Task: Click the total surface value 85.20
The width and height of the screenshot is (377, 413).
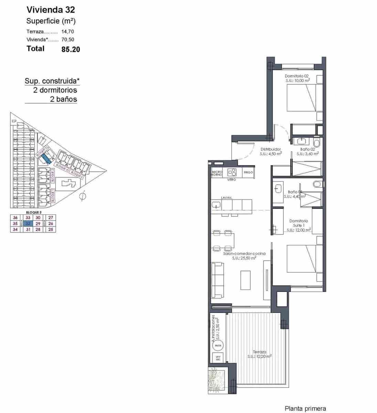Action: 71,49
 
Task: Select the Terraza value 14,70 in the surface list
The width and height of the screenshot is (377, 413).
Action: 67,31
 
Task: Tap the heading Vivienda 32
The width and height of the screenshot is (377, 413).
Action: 51,10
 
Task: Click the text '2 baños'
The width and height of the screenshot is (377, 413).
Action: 63,99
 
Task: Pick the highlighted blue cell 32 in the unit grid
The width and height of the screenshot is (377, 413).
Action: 28,223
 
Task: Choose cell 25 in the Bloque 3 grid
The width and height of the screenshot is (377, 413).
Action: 51,229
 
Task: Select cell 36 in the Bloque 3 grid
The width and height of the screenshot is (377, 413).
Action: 15,218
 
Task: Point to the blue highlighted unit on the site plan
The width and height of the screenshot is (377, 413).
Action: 46,159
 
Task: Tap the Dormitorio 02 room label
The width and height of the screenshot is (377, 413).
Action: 297,76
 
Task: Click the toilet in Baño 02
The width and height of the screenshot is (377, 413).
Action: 317,142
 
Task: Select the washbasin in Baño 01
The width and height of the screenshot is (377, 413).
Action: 278,188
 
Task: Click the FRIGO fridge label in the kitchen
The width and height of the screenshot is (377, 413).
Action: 248,172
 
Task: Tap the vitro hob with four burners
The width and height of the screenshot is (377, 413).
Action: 232,172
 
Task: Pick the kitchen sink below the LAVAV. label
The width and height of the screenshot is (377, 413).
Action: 216,205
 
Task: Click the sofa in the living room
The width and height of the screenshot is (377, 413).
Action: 218,280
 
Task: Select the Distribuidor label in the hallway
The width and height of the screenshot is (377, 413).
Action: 271,149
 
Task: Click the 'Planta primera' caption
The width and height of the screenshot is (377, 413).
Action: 305,409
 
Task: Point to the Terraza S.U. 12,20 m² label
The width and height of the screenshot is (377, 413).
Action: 259,354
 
